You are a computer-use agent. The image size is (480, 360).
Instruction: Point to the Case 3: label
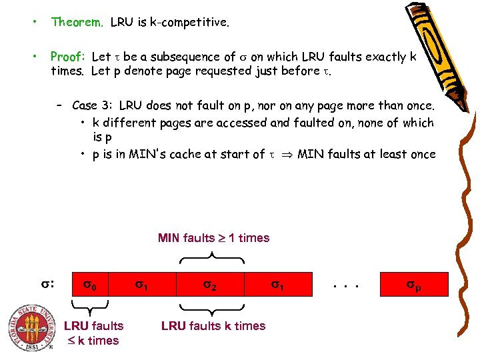pyautogui.click(x=93, y=105)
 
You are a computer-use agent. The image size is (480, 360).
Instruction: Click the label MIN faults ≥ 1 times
pyautogui.click(x=213, y=238)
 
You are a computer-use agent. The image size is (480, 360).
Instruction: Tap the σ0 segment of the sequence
pyautogui.click(x=90, y=285)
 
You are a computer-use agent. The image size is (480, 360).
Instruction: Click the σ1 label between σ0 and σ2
pyautogui.click(x=142, y=285)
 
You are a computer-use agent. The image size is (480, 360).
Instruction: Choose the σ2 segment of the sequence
pyautogui.click(x=210, y=285)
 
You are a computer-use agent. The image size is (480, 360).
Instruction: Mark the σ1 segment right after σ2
pyautogui.click(x=277, y=285)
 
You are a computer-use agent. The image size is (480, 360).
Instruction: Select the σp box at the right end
pyautogui.click(x=414, y=285)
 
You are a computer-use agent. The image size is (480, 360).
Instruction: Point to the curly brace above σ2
pyautogui.click(x=211, y=257)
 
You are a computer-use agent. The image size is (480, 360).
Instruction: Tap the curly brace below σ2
pyautogui.click(x=211, y=309)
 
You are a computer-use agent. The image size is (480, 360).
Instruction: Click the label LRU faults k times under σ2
pyautogui.click(x=213, y=326)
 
